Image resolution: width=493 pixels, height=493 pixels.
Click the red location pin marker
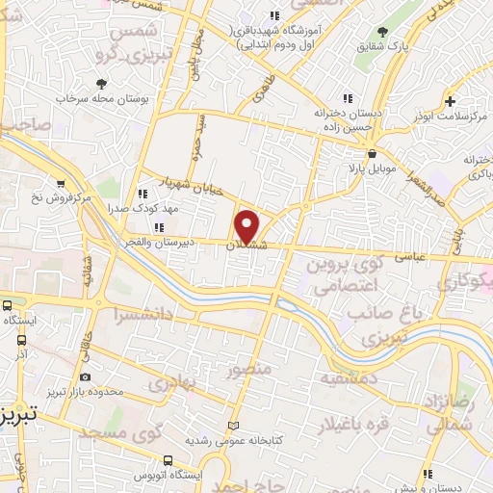click(247, 225)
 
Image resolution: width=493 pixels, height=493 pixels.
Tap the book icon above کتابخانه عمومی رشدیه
click(232, 426)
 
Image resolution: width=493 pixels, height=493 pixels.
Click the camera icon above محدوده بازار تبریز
click(88, 377)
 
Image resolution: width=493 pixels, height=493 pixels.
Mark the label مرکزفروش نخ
click(61, 198)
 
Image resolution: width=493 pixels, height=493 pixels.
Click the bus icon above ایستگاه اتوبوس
click(168, 461)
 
